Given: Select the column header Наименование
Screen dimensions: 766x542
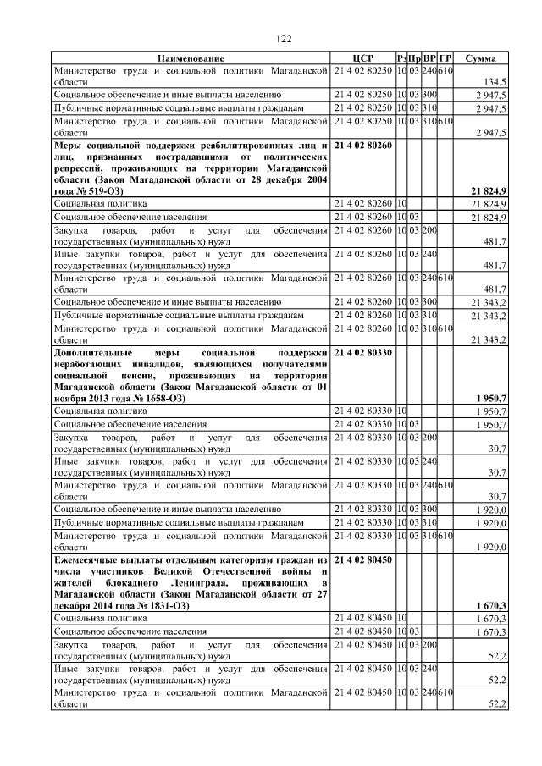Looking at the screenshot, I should point(191,58).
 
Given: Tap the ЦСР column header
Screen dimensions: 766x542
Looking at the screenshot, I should point(362,58).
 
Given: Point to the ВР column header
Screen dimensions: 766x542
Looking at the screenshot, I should point(429,58).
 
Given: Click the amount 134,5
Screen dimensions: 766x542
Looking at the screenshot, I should point(495,81).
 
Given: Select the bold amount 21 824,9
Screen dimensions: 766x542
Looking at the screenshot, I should point(489,192).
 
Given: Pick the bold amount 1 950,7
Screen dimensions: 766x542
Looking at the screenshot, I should point(490,398).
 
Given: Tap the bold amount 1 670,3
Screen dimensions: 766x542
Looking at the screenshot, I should point(490,605).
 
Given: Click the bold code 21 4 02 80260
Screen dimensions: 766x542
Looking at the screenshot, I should point(364,146).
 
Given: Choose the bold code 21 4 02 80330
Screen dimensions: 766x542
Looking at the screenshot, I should point(364,351).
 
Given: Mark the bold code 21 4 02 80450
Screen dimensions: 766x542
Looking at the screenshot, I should point(364,559).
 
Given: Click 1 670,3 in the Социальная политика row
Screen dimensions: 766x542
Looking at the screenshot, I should point(490,619).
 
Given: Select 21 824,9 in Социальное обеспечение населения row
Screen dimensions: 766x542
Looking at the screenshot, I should point(489,218).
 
